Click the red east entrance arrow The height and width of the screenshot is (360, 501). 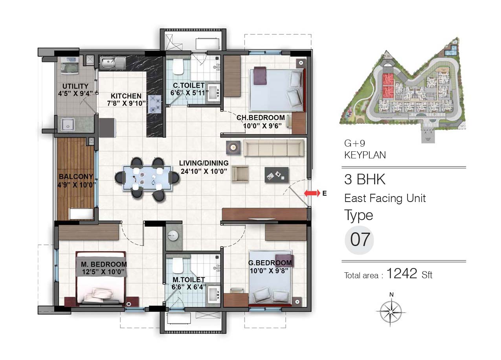coord(312,193)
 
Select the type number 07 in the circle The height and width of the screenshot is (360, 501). coord(360,240)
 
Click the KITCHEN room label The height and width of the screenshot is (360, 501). coord(126,96)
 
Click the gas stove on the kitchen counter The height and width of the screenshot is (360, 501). coord(154,104)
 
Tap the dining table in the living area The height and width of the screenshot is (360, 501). coord(147,178)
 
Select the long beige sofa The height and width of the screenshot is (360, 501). coord(273,148)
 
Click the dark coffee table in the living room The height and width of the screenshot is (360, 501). coord(277,175)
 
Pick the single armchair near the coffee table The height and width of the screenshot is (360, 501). coord(240,174)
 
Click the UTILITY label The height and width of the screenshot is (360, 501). coord(75,86)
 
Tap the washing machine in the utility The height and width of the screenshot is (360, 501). coord(70,66)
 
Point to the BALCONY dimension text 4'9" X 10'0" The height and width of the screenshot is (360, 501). coord(77,185)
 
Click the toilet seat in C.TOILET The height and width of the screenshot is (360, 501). coord(178,67)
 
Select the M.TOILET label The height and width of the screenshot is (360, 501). coord(189,280)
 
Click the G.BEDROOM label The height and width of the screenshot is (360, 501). coord(270,263)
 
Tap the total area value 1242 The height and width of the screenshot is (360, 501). coord(402,273)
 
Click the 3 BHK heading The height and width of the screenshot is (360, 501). coord(365,179)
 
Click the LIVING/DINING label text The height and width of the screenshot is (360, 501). coord(204,163)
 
